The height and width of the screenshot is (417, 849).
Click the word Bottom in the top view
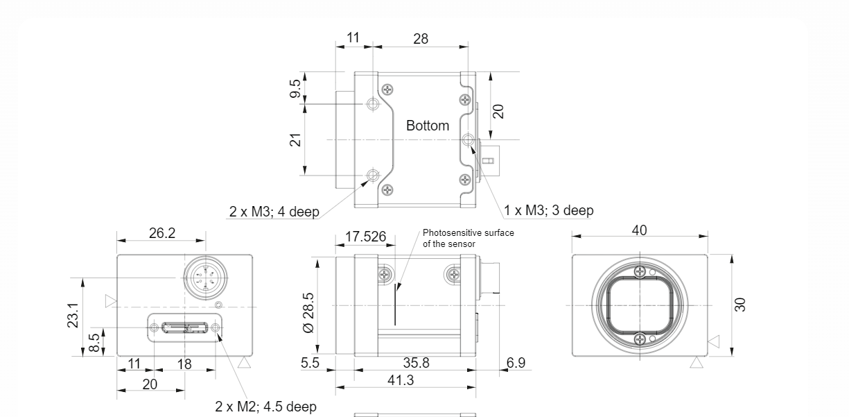tap(428, 126)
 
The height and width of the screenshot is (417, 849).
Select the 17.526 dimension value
tap(365, 237)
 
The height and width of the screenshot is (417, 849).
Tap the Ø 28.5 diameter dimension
tap(309, 313)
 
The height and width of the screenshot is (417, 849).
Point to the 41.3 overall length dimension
tap(401, 380)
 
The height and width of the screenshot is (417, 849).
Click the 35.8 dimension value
tap(416, 363)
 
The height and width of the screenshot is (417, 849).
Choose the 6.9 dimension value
tap(516, 363)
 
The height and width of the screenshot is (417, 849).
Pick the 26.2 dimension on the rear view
tap(162, 233)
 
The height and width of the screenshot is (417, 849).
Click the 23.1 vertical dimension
tap(73, 315)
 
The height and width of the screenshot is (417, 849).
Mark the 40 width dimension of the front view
tap(640, 230)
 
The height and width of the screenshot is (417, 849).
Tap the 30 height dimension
tap(740, 305)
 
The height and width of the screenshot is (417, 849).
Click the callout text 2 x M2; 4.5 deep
tap(265, 407)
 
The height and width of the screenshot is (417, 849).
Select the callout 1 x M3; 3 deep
tap(548, 210)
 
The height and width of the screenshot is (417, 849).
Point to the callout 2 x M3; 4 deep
tap(274, 212)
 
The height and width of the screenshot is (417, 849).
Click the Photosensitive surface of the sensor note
tap(468, 238)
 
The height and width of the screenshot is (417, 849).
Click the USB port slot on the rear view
tap(184, 327)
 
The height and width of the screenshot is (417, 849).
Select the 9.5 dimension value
tap(295, 88)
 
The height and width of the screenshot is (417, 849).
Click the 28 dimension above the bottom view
tap(421, 39)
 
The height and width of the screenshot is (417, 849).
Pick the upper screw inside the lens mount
tap(640, 271)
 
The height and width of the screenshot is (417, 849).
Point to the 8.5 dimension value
tap(94, 343)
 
